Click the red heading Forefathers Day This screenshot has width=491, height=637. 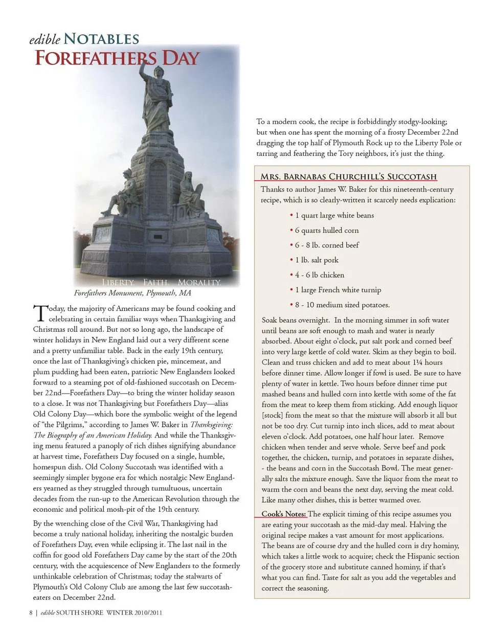[x=117, y=58]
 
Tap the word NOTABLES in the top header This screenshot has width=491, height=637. [x=101, y=39]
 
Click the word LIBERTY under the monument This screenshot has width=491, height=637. [x=118, y=282]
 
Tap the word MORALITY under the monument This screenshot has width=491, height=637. [x=199, y=282]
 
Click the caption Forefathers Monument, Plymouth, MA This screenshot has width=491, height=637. [x=132, y=293]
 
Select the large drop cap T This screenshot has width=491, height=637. [x=39, y=313]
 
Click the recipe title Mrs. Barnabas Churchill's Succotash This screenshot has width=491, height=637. [x=348, y=177]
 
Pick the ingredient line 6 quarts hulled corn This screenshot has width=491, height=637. [x=327, y=230]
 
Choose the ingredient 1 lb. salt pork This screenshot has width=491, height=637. [x=317, y=260]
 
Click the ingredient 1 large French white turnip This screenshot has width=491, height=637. [x=338, y=290]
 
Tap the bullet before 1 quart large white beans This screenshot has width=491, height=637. [x=292, y=215]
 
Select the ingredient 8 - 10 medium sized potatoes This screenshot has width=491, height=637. [x=342, y=305]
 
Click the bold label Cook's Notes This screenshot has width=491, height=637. [x=284, y=514]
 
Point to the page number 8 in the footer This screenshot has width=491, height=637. [x=31, y=612]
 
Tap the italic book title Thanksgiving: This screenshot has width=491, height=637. [x=211, y=424]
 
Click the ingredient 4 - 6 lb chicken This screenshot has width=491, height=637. [x=319, y=275]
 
